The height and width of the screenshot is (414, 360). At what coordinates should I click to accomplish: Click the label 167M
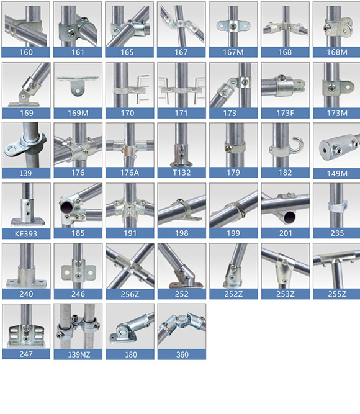(233, 52)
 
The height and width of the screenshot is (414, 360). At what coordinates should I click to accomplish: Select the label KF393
(26, 233)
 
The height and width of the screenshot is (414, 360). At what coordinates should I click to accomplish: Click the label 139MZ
(79, 354)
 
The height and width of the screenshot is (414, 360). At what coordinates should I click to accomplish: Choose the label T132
(181, 173)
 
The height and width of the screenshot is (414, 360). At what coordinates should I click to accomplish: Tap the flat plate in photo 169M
(78, 78)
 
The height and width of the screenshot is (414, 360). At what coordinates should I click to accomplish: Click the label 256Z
(130, 294)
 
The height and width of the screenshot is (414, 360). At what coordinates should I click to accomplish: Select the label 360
(182, 354)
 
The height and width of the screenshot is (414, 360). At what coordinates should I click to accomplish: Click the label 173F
(285, 113)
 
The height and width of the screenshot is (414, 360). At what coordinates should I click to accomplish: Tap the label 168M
(337, 52)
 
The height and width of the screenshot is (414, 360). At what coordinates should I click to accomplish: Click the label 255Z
(337, 294)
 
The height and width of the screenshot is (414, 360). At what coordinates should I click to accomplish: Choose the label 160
(26, 52)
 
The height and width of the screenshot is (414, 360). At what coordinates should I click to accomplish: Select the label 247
(26, 354)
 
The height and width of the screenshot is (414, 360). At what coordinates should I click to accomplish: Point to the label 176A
(130, 173)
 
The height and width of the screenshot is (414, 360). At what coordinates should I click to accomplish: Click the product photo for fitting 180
(130, 326)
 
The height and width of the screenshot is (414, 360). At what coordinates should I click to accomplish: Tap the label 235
(337, 233)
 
